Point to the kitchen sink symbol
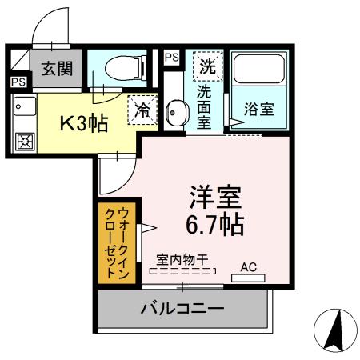pyautogui.click(x=22, y=108)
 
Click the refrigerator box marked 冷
pyautogui.click(x=142, y=111)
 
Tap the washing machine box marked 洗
pyautogui.click(x=207, y=64)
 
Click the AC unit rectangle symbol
pyautogui.click(x=247, y=278)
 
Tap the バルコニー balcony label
pyautogui.click(x=183, y=308)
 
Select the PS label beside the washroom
pyautogui.click(x=171, y=58)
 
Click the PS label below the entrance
pyautogui.click(x=17, y=81)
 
